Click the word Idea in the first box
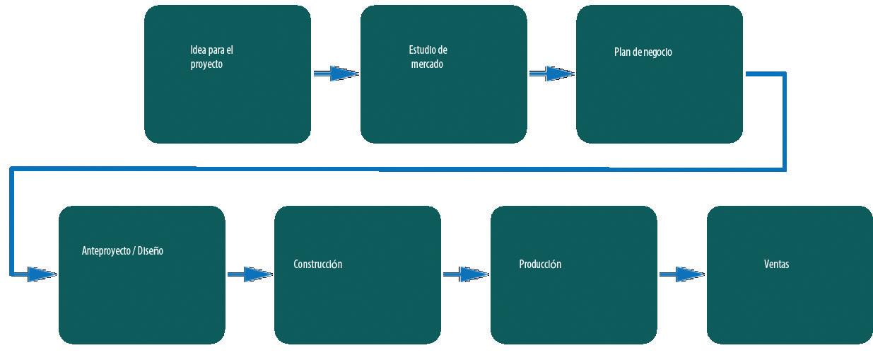coord(199,50)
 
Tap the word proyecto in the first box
coord(206,64)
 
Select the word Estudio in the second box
coord(423,50)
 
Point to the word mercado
coord(427,64)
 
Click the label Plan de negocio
coord(643,52)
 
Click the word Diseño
coord(150,251)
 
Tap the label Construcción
coord(317,265)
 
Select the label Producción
coord(539,265)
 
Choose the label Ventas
coord(776,265)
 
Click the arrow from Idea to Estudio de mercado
coord(335,74)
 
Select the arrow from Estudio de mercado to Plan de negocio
coord(551,74)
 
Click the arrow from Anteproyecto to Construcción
coord(250,274)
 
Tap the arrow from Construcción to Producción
coord(465,274)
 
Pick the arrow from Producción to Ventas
coord(681,274)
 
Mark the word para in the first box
coord(218,50)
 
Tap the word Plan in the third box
coord(621,52)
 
